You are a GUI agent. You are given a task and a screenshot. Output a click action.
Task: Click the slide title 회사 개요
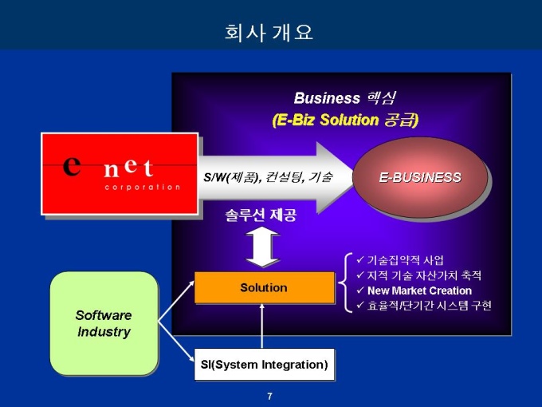point(269,33)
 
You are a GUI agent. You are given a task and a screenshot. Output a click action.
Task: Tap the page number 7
point(269,397)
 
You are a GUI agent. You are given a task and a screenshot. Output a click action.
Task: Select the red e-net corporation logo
point(120,173)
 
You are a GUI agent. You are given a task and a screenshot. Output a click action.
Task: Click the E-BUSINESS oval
point(419,177)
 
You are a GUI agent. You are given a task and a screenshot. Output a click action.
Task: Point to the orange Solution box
point(264,287)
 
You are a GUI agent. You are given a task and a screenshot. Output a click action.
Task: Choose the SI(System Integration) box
point(264,365)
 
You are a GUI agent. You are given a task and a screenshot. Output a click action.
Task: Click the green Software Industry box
point(104,322)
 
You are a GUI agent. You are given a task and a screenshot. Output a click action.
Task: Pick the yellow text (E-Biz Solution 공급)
point(344,120)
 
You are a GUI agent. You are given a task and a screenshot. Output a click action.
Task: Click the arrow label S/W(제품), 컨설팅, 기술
point(268,177)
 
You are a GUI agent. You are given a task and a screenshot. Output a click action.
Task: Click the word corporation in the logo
point(143,187)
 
